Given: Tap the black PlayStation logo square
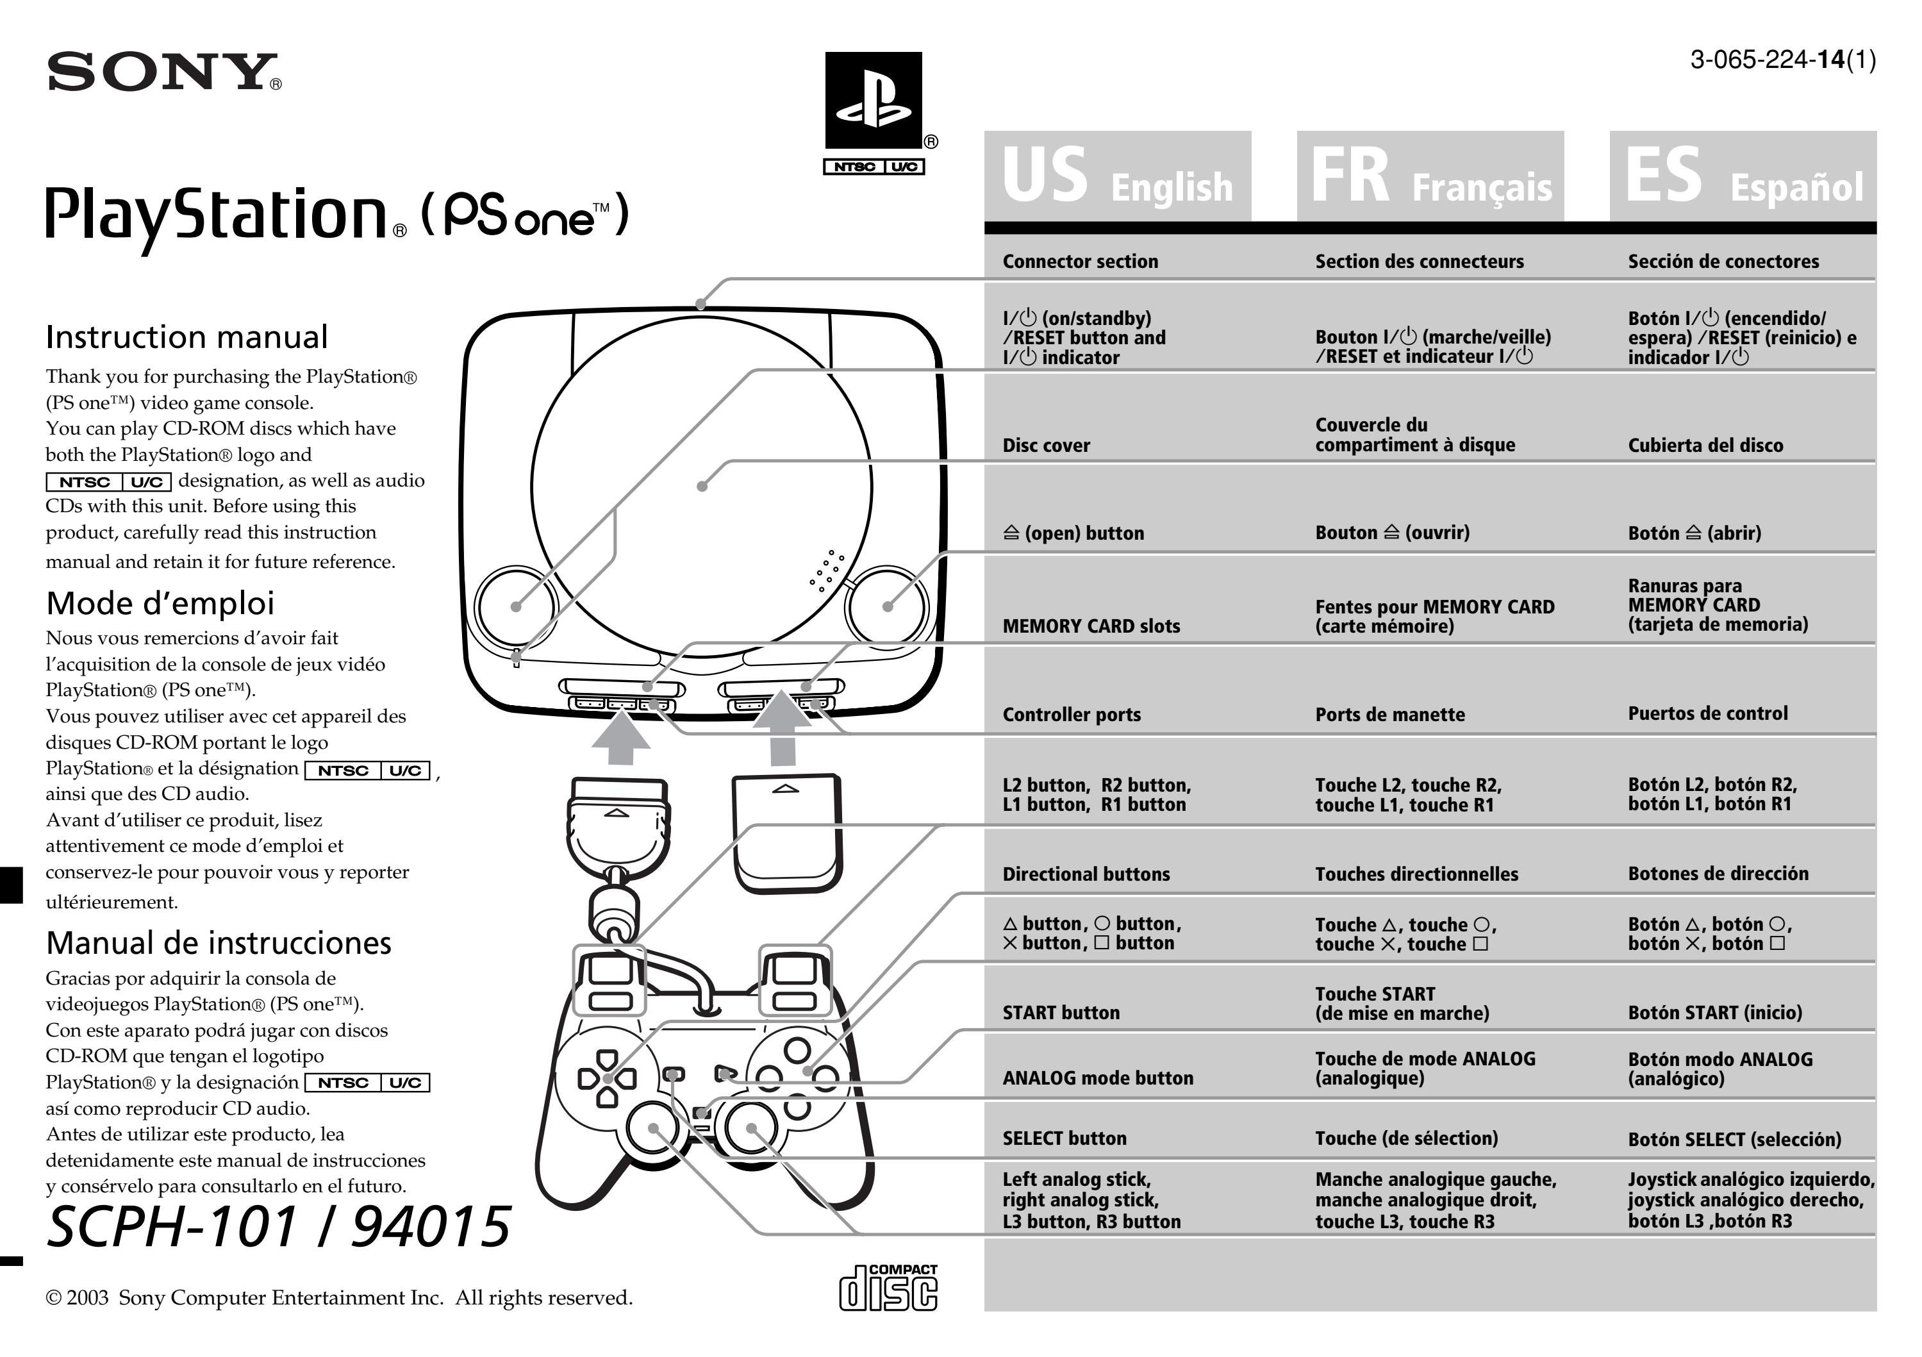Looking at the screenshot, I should click(x=873, y=101).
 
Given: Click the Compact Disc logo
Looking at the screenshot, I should click(x=888, y=1288).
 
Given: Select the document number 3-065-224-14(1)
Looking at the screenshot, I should click(x=1782, y=60).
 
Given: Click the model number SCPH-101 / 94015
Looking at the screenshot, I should click(x=278, y=1228).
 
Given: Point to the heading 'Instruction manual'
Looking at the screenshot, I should click(x=186, y=337).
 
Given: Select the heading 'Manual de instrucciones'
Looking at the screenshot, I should click(x=219, y=944).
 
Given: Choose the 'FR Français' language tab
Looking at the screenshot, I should click(x=1430, y=177).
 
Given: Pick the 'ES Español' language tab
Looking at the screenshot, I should click(x=1743, y=177).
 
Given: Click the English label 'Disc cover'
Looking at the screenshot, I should click(x=1047, y=445).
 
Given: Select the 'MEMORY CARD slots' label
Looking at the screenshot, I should click(x=1091, y=626).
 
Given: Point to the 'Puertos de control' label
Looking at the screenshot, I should click(x=1708, y=713).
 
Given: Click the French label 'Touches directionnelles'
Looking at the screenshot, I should click(x=1416, y=874).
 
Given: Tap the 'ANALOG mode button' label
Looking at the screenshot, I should click(x=1097, y=1078).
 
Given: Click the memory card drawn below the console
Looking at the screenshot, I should click(x=787, y=833).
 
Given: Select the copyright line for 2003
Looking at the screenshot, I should click(x=339, y=1297).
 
